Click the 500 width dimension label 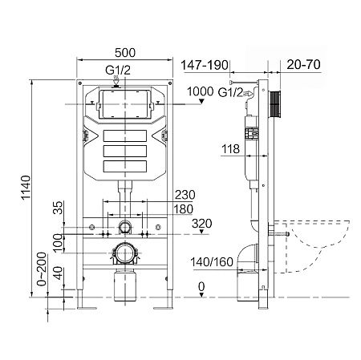pos(125,53)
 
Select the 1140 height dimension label pos(26,188)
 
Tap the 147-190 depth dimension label pos(205,65)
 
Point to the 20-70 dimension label pos(303,65)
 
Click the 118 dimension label pos(230,149)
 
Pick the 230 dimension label pos(185,195)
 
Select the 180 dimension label pos(184,209)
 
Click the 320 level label pos(202,224)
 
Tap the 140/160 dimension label pos(212,262)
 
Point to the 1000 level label pos(200,91)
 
